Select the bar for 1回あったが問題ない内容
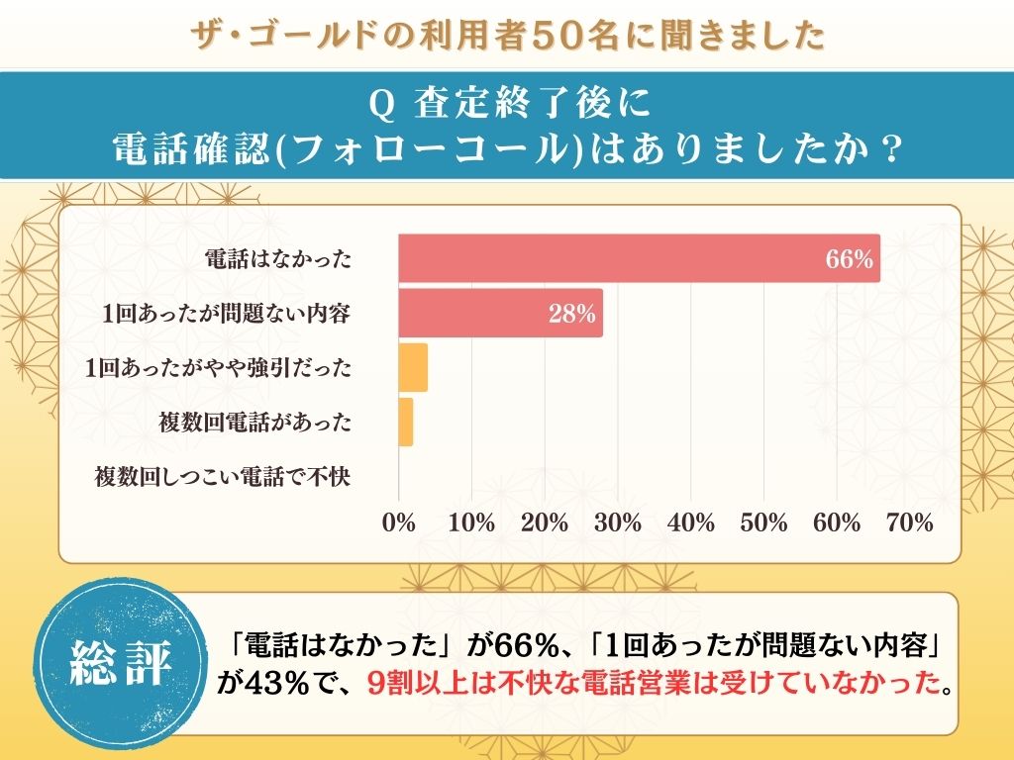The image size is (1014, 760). [x=500, y=314]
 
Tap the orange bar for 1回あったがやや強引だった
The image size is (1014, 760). [x=413, y=368]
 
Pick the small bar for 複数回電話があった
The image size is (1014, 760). [x=406, y=423]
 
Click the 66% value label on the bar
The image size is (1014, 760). [x=850, y=260]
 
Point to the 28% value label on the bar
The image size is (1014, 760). [x=572, y=315]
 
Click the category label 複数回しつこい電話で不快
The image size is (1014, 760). [x=223, y=477]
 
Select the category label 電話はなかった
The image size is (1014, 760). [x=277, y=260]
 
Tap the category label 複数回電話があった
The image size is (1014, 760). [x=254, y=423]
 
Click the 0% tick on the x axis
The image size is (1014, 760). [x=399, y=523]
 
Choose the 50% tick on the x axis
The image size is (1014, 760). [x=763, y=523]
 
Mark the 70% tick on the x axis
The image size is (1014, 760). [x=909, y=523]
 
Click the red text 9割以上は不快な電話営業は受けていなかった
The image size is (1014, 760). [x=651, y=683]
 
